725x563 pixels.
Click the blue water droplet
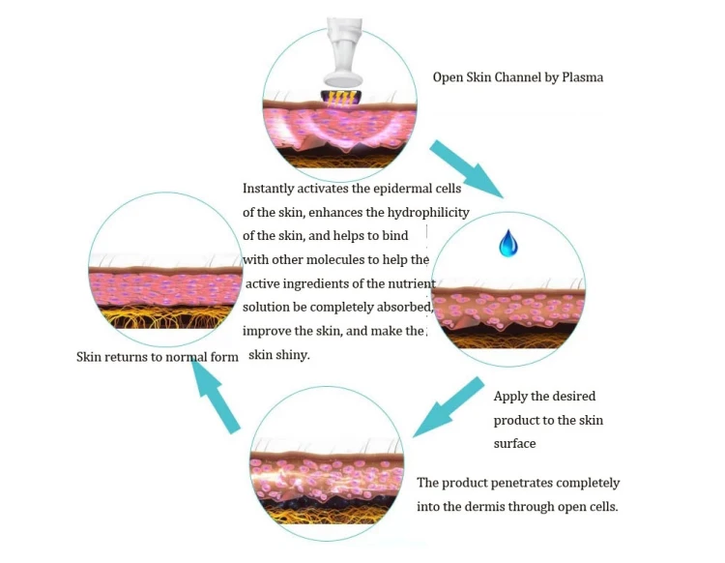508,243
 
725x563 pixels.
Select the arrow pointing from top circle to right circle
466,168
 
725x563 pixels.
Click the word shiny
291,355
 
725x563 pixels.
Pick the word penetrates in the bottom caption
507,482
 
